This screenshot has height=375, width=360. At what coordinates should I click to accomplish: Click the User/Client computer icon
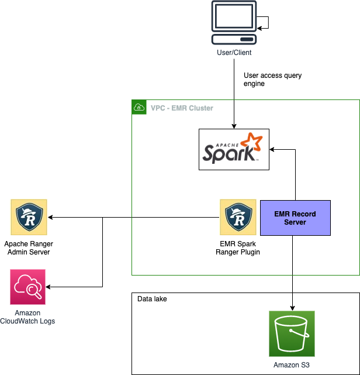[x=234, y=22]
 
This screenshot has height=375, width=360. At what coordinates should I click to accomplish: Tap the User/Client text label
[x=234, y=53]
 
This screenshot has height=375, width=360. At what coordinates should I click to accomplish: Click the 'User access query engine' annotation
[x=272, y=80]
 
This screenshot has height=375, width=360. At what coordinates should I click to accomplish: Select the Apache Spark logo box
[x=234, y=150]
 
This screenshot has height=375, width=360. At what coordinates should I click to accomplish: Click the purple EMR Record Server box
[x=295, y=218]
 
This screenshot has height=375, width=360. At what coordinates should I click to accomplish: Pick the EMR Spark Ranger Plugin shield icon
[x=238, y=217]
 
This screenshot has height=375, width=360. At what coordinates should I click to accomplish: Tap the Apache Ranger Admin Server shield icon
[x=29, y=217]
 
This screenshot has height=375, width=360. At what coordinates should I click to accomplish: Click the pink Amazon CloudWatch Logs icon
[x=27, y=287]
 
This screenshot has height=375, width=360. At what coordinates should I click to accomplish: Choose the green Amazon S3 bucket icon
[x=292, y=333]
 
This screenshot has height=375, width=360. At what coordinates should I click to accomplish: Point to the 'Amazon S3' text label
[x=292, y=365]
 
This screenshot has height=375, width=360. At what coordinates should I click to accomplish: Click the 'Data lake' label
[x=152, y=299]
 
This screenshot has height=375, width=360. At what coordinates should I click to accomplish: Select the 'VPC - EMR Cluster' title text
[x=182, y=108]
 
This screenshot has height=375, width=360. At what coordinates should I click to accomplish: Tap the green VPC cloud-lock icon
[x=139, y=107]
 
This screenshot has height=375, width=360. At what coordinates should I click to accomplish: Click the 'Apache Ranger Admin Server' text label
[x=29, y=248]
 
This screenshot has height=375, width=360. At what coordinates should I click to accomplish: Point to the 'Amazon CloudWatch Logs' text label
[x=27, y=317]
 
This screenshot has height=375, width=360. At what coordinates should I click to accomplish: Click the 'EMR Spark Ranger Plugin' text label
[x=238, y=248]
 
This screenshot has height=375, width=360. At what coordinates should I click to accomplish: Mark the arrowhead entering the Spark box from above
[x=234, y=126]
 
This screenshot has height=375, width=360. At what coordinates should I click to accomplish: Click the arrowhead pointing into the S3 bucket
[x=292, y=308]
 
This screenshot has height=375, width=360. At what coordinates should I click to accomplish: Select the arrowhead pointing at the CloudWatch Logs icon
[x=48, y=287]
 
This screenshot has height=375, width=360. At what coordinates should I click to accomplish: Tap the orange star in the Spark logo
[x=252, y=142]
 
